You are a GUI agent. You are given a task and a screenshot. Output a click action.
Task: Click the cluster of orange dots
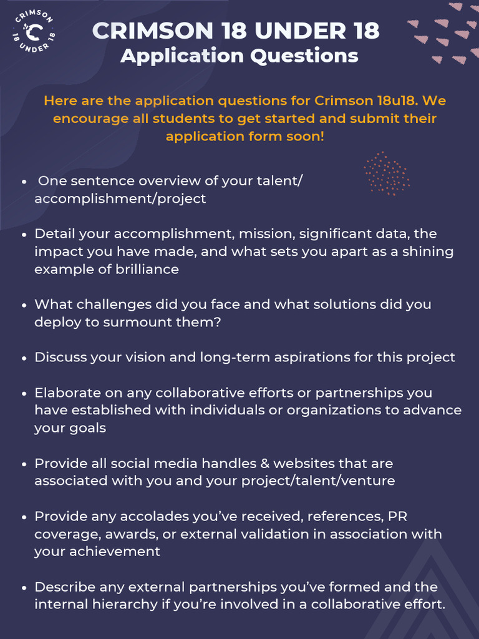(387, 173)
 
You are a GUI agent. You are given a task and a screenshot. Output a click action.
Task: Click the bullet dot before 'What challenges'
(24, 306)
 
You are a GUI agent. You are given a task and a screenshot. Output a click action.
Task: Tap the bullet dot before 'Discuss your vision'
(24, 359)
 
